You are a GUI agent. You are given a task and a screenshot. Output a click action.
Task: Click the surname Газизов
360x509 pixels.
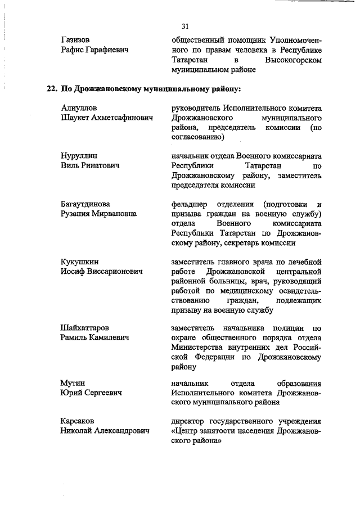click(x=75, y=40)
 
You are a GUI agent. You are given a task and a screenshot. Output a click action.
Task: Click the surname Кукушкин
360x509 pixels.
click(x=79, y=262)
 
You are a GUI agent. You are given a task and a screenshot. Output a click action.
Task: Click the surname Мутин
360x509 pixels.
click(x=73, y=383)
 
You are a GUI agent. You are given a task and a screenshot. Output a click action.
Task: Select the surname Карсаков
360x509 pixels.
click(x=78, y=421)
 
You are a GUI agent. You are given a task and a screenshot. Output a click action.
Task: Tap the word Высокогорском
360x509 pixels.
click(x=293, y=59)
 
